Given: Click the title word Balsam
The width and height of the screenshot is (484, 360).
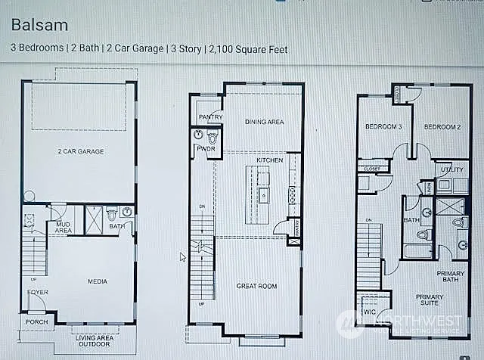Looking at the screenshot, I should tap(39, 25).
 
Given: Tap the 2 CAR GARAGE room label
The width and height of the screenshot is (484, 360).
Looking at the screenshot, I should tap(80, 151).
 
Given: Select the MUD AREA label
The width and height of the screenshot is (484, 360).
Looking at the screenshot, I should tap(63, 227).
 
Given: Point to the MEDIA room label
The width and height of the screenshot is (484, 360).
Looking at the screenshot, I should tap(97, 281).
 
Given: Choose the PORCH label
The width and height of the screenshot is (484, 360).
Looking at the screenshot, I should tap(36, 322).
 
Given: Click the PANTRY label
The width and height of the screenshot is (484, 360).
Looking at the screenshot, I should tap(209, 117).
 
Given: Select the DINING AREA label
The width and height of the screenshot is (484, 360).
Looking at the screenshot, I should tap(264, 121).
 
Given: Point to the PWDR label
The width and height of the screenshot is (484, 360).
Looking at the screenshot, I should tap(206, 149).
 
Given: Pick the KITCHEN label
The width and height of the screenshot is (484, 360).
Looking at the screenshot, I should tap(270, 160).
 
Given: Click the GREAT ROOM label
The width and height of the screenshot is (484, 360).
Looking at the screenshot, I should tap(256, 286).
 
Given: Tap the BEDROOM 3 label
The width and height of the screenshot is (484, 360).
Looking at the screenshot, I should tap(383, 126).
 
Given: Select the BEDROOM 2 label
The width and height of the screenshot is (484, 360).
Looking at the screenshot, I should tap(442, 126).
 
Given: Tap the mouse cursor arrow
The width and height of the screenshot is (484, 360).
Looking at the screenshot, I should tap(182, 257).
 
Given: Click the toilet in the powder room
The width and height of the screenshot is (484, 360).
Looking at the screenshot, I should tap(213, 138).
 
